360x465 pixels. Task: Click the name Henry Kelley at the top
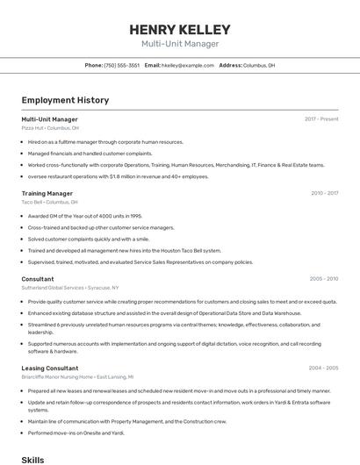(180, 30)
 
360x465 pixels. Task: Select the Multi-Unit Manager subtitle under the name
(180, 44)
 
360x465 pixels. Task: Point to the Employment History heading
(65, 100)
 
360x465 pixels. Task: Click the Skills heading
(32, 459)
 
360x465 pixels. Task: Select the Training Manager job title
(47, 193)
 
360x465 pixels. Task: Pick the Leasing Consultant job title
(50, 368)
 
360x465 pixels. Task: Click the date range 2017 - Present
(321, 118)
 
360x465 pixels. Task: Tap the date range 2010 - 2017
(324, 193)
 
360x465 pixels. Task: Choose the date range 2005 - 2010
(324, 279)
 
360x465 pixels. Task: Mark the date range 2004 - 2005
(324, 368)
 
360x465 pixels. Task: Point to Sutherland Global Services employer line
(70, 288)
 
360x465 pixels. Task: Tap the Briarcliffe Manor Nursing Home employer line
(77, 377)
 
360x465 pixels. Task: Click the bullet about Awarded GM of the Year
(84, 215)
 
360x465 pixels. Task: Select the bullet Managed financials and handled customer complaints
(90, 153)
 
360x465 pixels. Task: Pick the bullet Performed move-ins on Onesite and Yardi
(76, 432)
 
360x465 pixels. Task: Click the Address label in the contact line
(230, 65)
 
